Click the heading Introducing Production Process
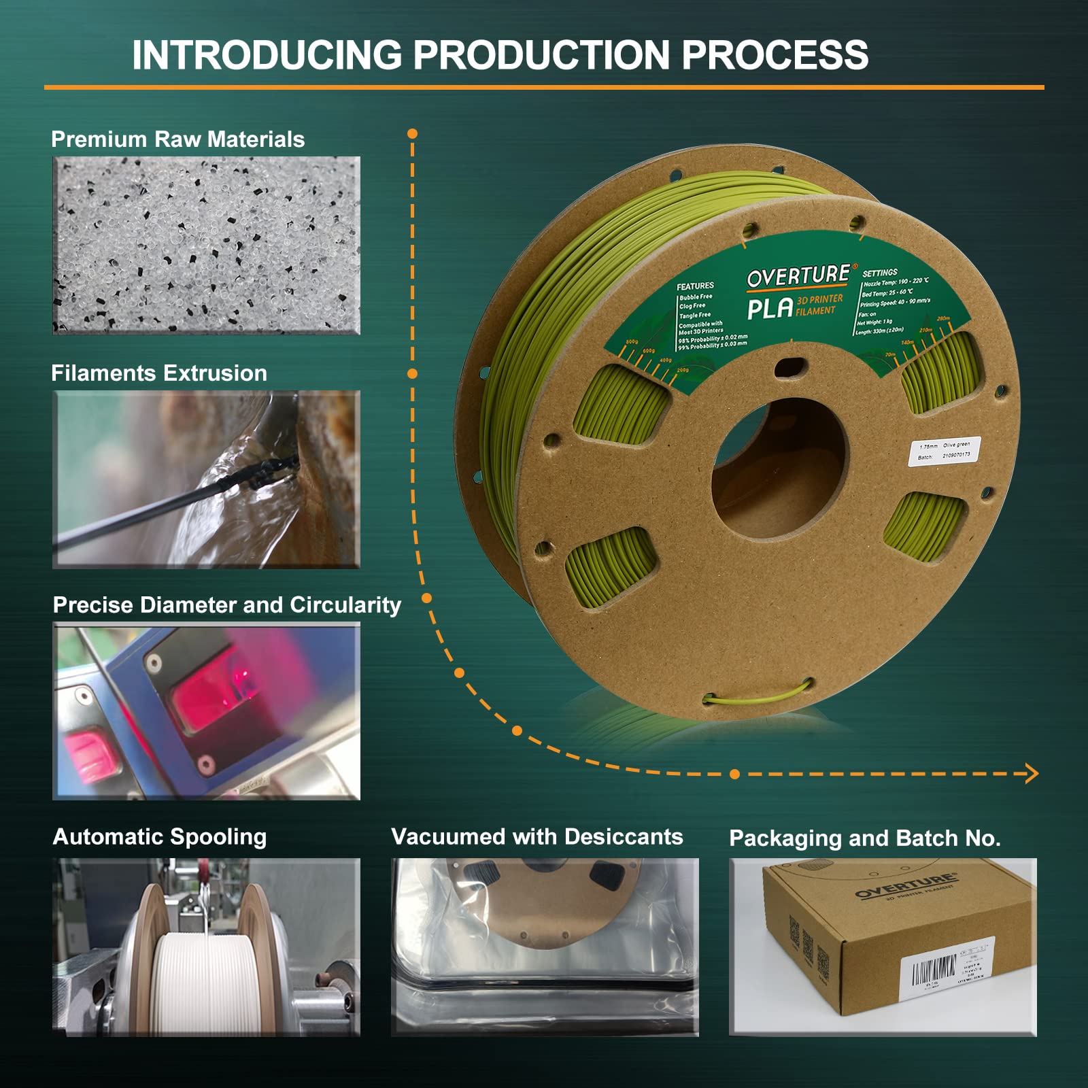pos(500,54)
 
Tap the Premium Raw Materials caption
pos(177,139)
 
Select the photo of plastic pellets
pos(206,245)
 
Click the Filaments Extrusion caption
pos(159,373)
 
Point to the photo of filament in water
pos(206,479)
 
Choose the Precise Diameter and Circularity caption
pos(227,605)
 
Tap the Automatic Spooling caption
pos(160,837)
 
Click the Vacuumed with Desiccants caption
pos(537,837)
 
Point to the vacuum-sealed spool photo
pos(544,947)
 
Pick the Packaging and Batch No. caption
pos(865,838)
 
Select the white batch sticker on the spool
pos(945,452)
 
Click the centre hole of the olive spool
pos(779,469)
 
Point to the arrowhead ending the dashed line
pos(1032,773)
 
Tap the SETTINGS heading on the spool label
pos(880,273)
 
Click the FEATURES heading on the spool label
pos(695,286)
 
